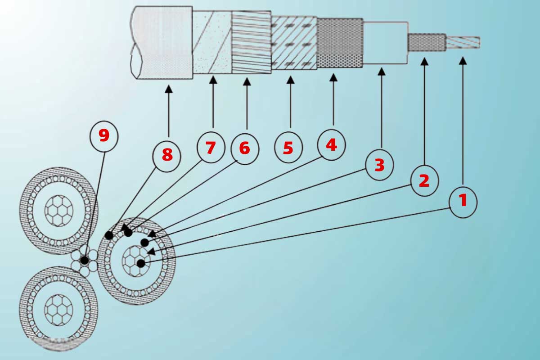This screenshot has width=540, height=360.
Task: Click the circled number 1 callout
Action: click(463, 202)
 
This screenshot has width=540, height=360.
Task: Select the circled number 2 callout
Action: click(424, 181)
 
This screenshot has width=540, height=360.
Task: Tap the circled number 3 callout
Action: click(379, 165)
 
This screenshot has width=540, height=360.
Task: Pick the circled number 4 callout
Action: click(332, 145)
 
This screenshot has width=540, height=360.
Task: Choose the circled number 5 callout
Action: click(288, 147)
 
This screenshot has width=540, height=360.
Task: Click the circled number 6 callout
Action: click(245, 149)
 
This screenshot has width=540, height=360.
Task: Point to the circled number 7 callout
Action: click(211, 147)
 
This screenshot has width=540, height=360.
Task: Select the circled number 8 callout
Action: click(166, 156)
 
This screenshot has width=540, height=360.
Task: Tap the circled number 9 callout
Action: click(104, 136)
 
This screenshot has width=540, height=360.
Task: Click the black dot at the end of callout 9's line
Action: click(85, 261)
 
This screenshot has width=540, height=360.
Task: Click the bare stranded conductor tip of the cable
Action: click(463, 42)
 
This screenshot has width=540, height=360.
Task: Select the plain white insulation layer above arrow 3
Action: click(385, 43)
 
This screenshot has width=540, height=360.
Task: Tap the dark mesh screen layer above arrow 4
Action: click(340, 43)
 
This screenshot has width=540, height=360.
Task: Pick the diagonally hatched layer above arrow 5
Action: click(294, 43)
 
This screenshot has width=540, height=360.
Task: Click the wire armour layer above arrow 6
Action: click(252, 42)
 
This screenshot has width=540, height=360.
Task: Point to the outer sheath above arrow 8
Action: click(162, 42)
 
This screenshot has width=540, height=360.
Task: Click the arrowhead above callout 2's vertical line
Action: click(424, 62)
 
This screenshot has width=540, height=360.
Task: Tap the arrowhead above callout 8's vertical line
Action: click(168, 89)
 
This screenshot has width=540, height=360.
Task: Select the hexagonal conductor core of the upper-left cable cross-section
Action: click(59, 211)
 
